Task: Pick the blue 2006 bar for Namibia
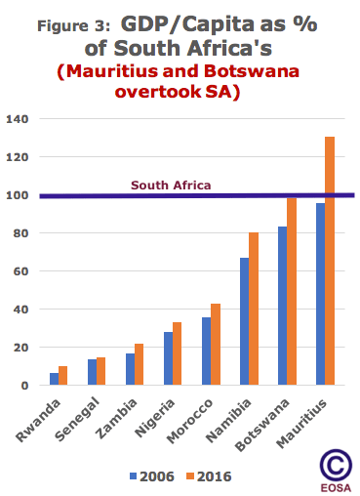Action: coord(245,321)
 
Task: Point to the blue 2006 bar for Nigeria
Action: coord(169,358)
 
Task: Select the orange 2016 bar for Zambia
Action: coord(139,364)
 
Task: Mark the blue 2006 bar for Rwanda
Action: coord(55,379)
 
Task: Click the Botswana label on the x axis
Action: coord(266,422)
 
